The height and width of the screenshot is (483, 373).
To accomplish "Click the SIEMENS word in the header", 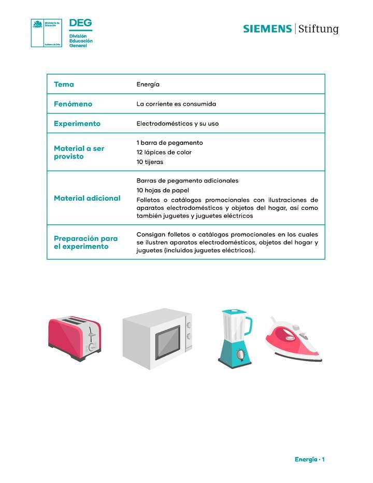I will pyautogui.click(x=267, y=29).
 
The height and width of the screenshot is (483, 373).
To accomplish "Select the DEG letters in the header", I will pyautogui.click(x=80, y=23).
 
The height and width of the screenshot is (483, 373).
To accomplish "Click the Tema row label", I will pyautogui.click(x=64, y=84).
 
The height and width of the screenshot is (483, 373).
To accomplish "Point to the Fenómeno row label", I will pyautogui.click(x=73, y=104).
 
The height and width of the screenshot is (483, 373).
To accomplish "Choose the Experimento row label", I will pyautogui.click(x=77, y=124).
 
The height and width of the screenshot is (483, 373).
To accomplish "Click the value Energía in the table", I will pyautogui.click(x=148, y=84).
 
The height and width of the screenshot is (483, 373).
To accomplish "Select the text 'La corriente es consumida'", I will pyautogui.click(x=176, y=104).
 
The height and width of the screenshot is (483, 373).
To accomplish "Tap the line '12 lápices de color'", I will pyautogui.click(x=164, y=152).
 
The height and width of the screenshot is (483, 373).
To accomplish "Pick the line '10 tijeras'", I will pyautogui.click(x=150, y=162).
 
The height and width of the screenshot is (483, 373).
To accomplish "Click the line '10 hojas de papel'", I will pyautogui.click(x=163, y=190).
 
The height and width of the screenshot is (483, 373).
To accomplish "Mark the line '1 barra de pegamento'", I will pyautogui.click(x=169, y=143).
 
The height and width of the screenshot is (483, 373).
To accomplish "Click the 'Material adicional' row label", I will pyautogui.click(x=87, y=198).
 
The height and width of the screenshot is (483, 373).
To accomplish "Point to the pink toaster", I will pyautogui.click(x=74, y=339).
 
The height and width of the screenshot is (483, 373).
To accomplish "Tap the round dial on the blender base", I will pyautogui.click(x=240, y=354).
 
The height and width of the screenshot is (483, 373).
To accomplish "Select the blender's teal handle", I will pyautogui.click(x=249, y=325).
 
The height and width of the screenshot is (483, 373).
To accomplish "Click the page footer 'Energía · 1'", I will pyautogui.click(x=309, y=460).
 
